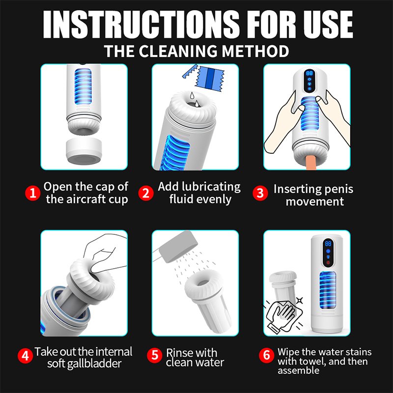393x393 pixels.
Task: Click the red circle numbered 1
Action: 32,193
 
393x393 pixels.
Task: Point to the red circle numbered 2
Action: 145,193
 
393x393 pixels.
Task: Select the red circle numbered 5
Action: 155,356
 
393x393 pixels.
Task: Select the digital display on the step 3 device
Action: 310,73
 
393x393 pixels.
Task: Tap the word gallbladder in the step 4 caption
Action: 97,364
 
